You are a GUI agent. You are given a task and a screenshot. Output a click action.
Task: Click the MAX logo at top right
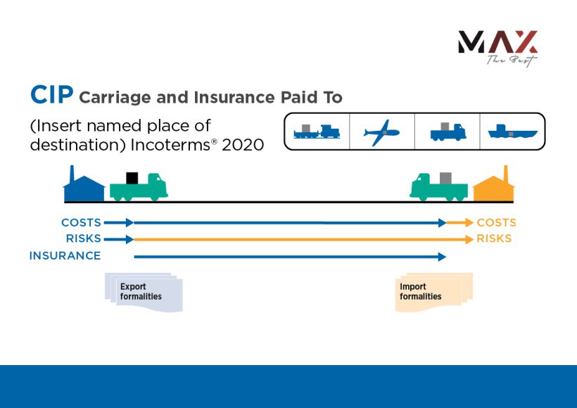coord(497,47)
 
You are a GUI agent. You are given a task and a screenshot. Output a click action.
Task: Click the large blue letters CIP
coord(51,95)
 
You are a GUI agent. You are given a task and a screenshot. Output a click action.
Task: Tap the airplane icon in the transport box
coord(382,132)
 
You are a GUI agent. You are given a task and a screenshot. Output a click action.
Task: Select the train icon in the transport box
coord(317,132)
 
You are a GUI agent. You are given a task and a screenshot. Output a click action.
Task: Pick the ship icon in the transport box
coord(513,132)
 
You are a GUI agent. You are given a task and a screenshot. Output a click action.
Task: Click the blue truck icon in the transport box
coord(448,132)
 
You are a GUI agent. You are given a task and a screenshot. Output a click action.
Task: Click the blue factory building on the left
coord(84,186)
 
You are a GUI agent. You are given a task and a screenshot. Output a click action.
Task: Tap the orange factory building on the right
coord(494,186)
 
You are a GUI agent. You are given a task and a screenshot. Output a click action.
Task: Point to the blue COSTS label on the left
coord(81,223)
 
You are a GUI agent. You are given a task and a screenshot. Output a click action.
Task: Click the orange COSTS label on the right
coord(496,223)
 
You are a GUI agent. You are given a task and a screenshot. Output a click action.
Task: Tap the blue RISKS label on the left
coord(83,239)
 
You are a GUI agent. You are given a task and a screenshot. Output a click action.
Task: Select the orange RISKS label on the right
coord(494,239)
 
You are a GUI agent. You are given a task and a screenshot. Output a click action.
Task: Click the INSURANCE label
coord(65,256)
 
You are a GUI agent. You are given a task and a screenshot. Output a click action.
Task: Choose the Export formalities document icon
coord(144,292)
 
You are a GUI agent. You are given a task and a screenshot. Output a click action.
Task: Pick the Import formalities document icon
coord(432,292)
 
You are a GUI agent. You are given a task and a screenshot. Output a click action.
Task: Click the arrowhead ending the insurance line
coord(442,257)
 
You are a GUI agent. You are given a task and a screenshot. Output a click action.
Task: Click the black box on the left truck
coord(132,178)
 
